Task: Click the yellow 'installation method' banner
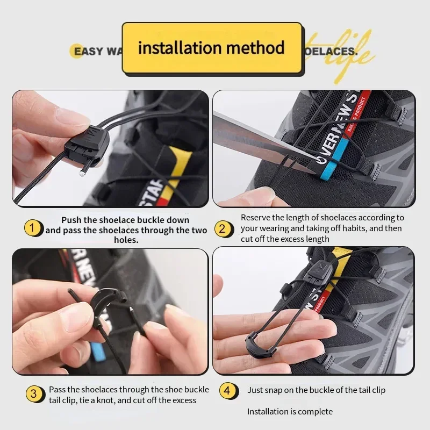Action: (211, 48)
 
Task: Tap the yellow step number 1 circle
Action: (32, 228)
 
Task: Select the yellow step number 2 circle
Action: (223, 229)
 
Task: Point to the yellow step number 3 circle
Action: (34, 393)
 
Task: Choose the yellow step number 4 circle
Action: (227, 391)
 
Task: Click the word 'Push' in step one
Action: (71, 220)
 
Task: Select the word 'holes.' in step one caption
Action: (126, 240)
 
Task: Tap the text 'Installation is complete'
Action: (290, 412)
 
